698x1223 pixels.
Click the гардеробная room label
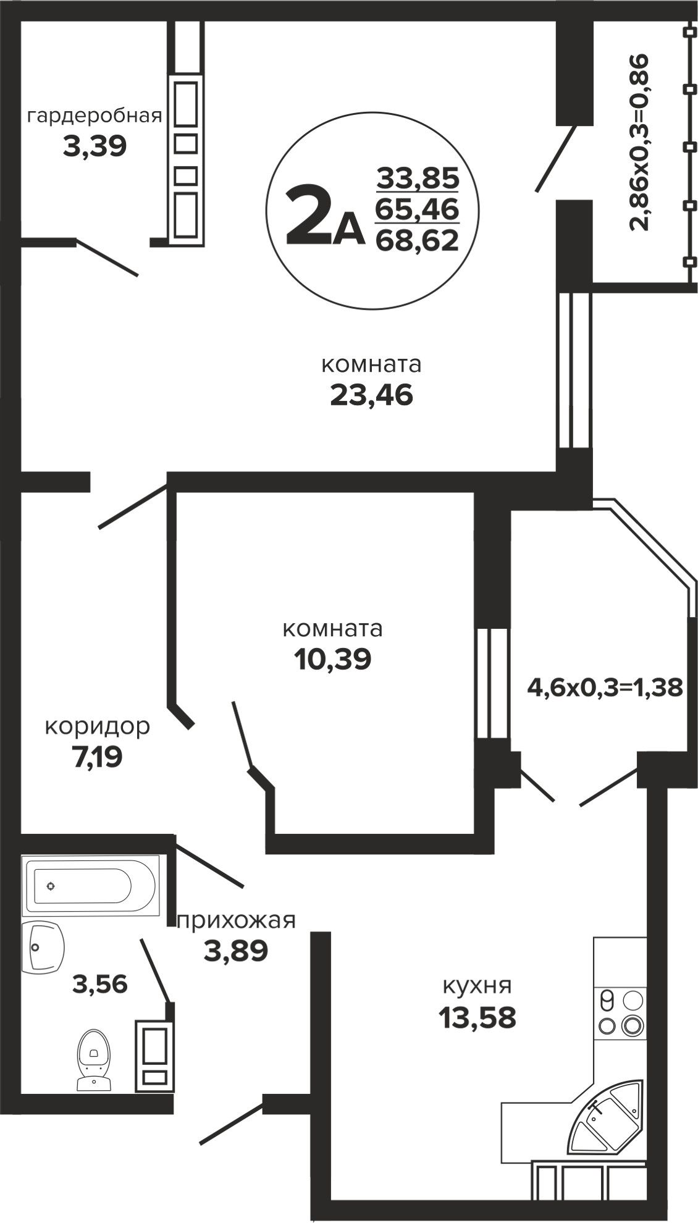(95, 116)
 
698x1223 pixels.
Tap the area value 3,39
(95, 147)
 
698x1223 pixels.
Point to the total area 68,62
(418, 239)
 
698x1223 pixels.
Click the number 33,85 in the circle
(418, 179)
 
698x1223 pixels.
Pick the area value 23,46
(371, 395)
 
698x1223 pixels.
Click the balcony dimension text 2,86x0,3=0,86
(641, 143)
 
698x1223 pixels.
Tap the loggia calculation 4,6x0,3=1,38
(605, 687)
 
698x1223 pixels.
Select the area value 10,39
(333, 660)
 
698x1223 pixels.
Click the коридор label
(97, 726)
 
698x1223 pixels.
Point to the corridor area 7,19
(97, 756)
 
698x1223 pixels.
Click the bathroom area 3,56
(100, 983)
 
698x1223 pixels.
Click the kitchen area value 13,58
(477, 1017)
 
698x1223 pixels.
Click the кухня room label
(477, 986)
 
